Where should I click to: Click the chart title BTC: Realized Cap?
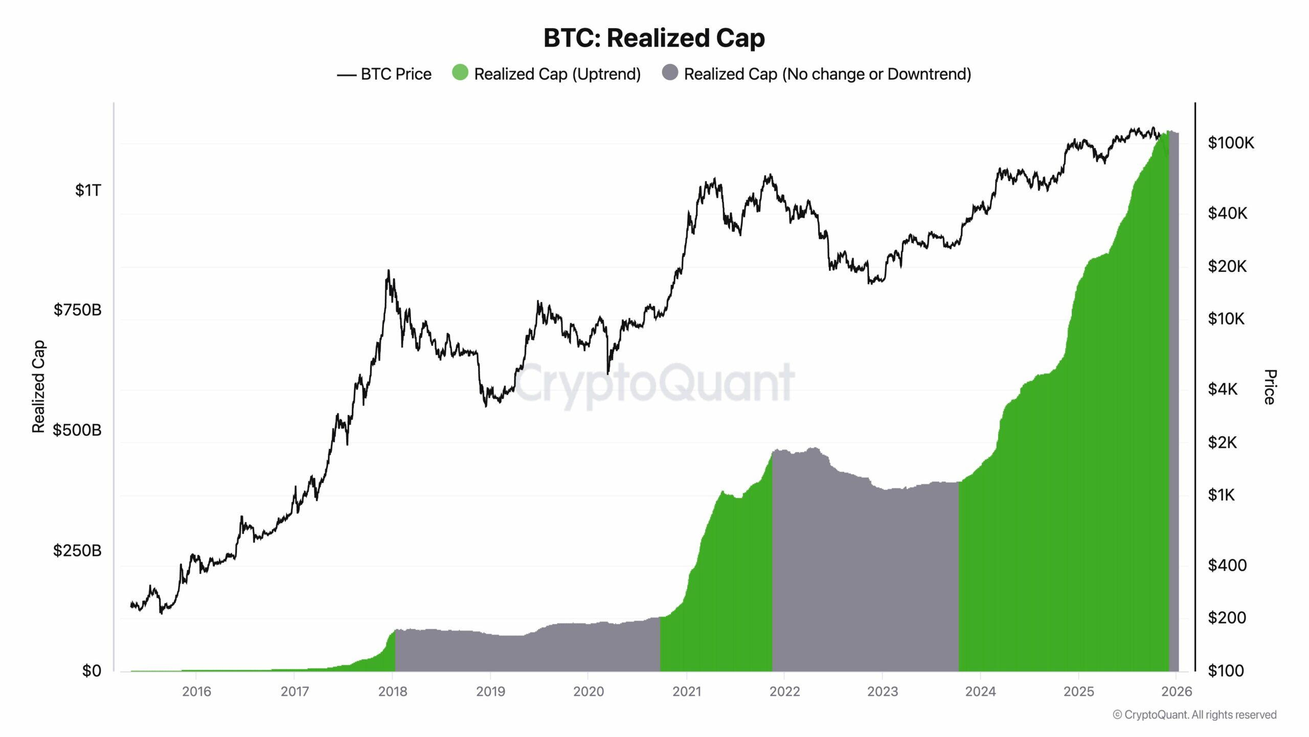[x=654, y=38]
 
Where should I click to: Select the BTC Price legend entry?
[x=385, y=74]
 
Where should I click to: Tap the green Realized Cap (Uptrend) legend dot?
[x=460, y=73]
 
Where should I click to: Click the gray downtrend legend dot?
[x=670, y=73]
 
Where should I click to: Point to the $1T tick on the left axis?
[x=88, y=190]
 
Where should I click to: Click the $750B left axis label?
[x=78, y=310]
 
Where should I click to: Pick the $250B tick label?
[x=78, y=551]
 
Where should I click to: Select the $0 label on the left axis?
[x=92, y=670]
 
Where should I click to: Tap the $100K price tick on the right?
[x=1231, y=143]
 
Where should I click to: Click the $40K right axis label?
[x=1227, y=213]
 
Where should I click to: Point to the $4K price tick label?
[x=1223, y=389]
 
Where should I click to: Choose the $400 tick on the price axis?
[x=1227, y=565]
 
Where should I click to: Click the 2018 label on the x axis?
[x=393, y=691]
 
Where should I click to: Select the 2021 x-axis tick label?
[x=687, y=691]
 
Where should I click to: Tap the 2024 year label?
[x=980, y=691]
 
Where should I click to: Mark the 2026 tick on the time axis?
[x=1177, y=691]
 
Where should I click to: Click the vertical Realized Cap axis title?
[x=39, y=386]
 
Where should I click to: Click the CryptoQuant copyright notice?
[x=1194, y=715]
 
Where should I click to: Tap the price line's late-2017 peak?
[x=389, y=271]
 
